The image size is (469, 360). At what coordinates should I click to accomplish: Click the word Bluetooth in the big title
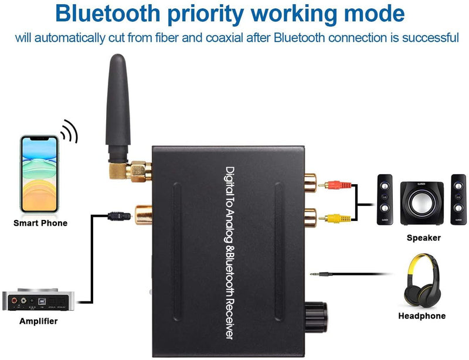click(108, 13)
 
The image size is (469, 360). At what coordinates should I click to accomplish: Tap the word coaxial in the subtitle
click(224, 38)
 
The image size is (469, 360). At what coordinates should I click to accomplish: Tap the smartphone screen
click(39, 174)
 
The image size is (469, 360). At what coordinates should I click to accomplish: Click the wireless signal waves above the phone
click(69, 131)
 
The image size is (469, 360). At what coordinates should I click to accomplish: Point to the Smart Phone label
click(40, 223)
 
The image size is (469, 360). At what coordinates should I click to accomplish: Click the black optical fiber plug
click(119, 216)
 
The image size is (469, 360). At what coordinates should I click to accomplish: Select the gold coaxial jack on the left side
click(143, 215)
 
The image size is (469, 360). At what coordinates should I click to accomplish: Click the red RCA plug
click(335, 185)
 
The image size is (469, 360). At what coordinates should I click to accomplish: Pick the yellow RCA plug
click(335, 219)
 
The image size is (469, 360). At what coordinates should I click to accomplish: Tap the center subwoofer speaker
click(422, 203)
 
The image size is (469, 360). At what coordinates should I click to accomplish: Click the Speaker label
click(423, 238)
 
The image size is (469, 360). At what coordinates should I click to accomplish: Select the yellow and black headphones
click(422, 281)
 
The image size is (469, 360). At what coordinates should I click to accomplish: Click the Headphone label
click(422, 316)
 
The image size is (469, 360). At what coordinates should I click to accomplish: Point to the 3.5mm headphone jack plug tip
click(311, 274)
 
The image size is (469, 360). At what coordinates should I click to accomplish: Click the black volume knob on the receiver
click(316, 317)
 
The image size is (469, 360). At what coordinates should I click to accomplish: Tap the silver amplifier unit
click(38, 300)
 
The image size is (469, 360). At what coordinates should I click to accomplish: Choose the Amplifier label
click(38, 321)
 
